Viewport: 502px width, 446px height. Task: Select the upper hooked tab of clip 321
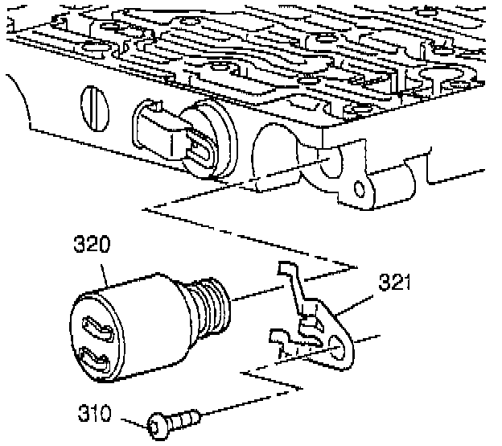click(x=286, y=274)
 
